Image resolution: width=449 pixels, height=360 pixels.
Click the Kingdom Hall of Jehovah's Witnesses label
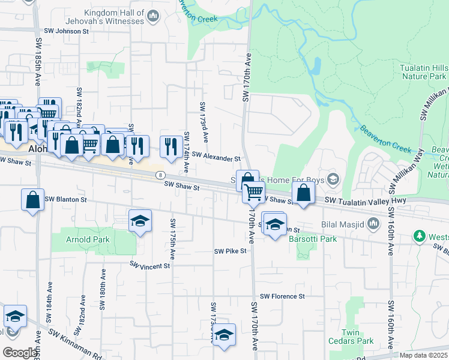click(114, 17)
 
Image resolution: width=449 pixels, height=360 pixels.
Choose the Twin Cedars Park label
click(351, 337)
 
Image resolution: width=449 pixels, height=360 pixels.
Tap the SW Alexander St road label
click(216, 158)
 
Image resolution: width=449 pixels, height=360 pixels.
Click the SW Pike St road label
click(231, 251)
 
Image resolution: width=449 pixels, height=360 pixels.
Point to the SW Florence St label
click(282, 296)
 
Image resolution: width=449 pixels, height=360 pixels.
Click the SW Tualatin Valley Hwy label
click(366, 200)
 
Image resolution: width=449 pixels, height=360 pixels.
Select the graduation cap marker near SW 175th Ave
click(140, 221)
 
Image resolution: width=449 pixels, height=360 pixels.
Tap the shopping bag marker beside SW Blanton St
click(33, 200)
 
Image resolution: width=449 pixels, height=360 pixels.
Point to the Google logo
click(20, 353)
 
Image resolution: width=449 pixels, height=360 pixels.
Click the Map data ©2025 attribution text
click(423, 355)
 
